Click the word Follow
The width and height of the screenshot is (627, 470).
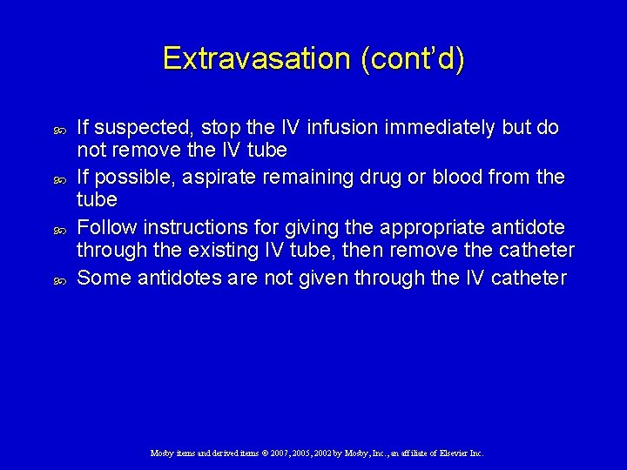107,228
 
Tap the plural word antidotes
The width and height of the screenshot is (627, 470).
174,278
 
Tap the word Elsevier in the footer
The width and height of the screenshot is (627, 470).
453,453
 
